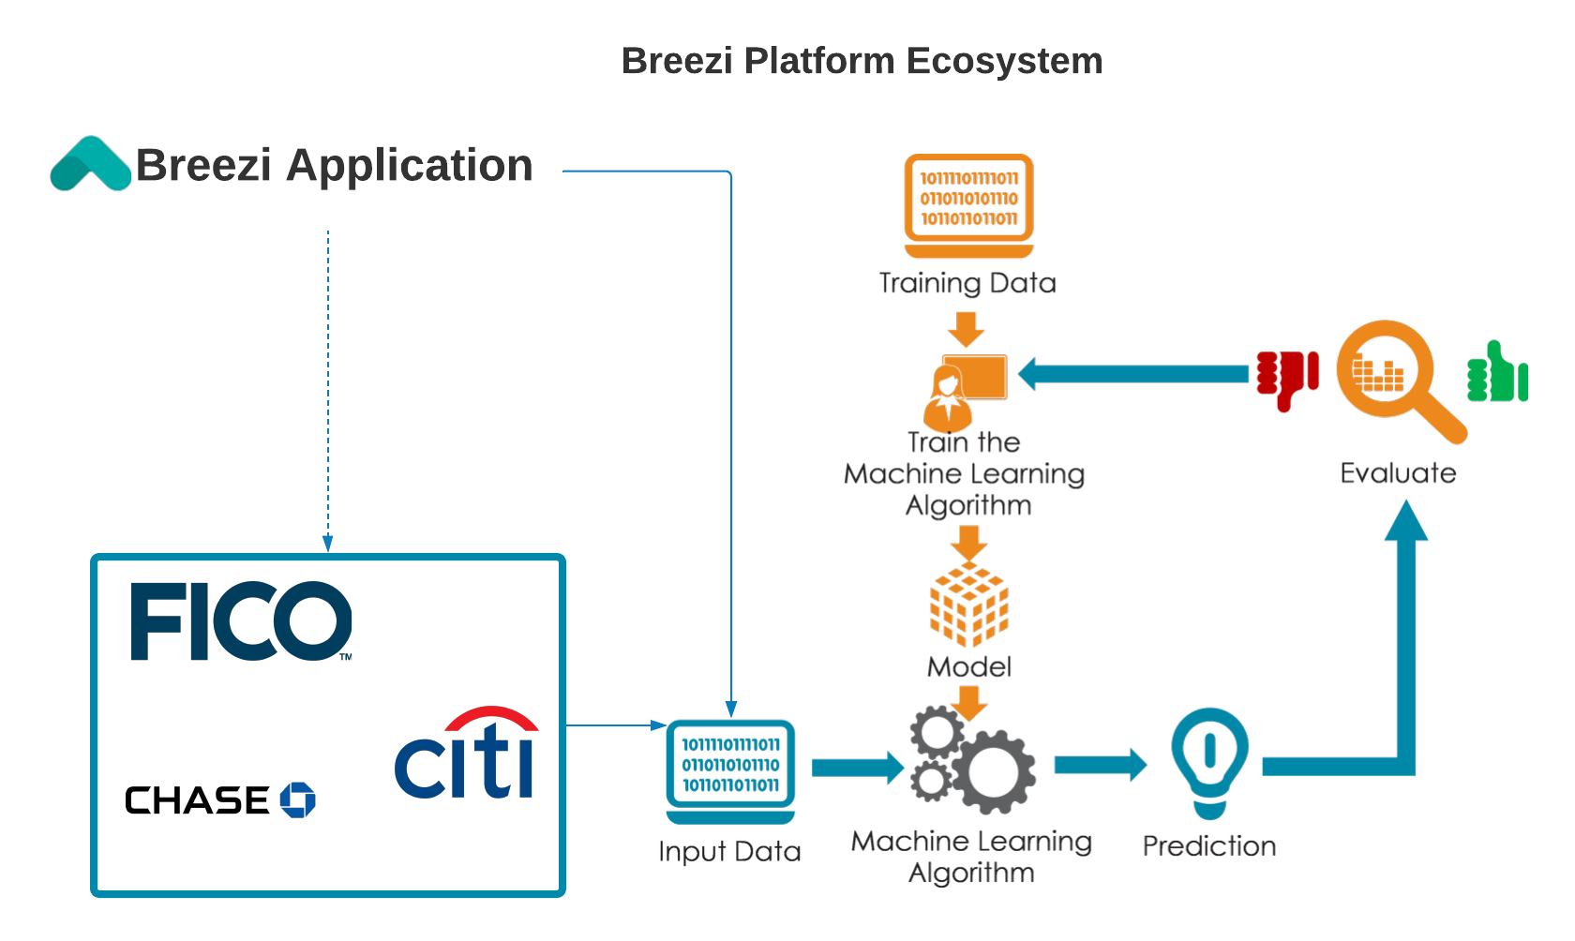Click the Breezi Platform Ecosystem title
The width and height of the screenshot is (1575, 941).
[862, 60]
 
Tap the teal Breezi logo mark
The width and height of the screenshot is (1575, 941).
[90, 163]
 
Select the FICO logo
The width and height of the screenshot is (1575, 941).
[241, 620]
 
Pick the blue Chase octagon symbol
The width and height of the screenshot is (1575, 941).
[297, 799]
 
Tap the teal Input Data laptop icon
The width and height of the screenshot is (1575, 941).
[730, 771]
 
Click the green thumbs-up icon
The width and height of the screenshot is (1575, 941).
[1498, 371]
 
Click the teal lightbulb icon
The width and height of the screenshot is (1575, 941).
[1210, 763]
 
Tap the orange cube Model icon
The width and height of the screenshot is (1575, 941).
[969, 605]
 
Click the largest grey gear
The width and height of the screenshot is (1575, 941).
[994, 771]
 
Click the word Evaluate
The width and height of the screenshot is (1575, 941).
[1398, 473]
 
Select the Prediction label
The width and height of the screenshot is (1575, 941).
[1209, 846]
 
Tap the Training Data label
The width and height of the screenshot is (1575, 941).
[967, 283]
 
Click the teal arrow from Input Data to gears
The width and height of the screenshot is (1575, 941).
[858, 768]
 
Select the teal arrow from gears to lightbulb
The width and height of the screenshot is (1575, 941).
[1101, 765]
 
